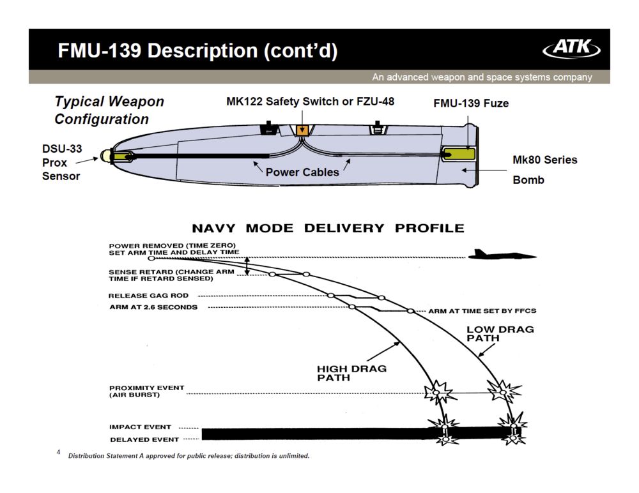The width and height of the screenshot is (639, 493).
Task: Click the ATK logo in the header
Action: pyautogui.click(x=571, y=49)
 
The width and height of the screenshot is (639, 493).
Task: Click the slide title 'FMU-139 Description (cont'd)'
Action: pyautogui.click(x=197, y=50)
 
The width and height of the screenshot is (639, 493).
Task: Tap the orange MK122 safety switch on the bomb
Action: pyautogui.click(x=303, y=131)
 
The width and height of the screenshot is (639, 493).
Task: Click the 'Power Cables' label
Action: pyautogui.click(x=302, y=172)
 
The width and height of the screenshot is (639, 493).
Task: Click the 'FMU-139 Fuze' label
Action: pyautogui.click(x=471, y=103)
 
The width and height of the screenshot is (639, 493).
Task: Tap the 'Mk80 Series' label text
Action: pyautogui.click(x=544, y=160)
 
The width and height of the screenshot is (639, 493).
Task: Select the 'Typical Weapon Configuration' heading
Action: pyautogui.click(x=109, y=110)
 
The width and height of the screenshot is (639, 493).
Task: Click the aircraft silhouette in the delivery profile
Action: pyautogui.click(x=502, y=255)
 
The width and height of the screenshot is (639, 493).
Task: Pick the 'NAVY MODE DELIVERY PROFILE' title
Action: pyautogui.click(x=328, y=228)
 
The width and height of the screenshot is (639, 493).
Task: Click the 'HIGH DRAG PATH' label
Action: pyautogui.click(x=351, y=373)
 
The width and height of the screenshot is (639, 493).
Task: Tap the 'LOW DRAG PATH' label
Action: pyautogui.click(x=500, y=333)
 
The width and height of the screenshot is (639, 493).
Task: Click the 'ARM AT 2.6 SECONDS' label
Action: pyautogui.click(x=153, y=307)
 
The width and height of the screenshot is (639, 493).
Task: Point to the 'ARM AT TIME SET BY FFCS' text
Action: pyautogui.click(x=482, y=311)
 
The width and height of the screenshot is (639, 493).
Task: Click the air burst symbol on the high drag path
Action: pyautogui.click(x=439, y=389)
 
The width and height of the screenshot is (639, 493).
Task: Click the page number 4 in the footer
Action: pyautogui.click(x=58, y=452)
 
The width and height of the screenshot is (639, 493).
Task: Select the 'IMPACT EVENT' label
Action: pyautogui.click(x=140, y=427)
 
